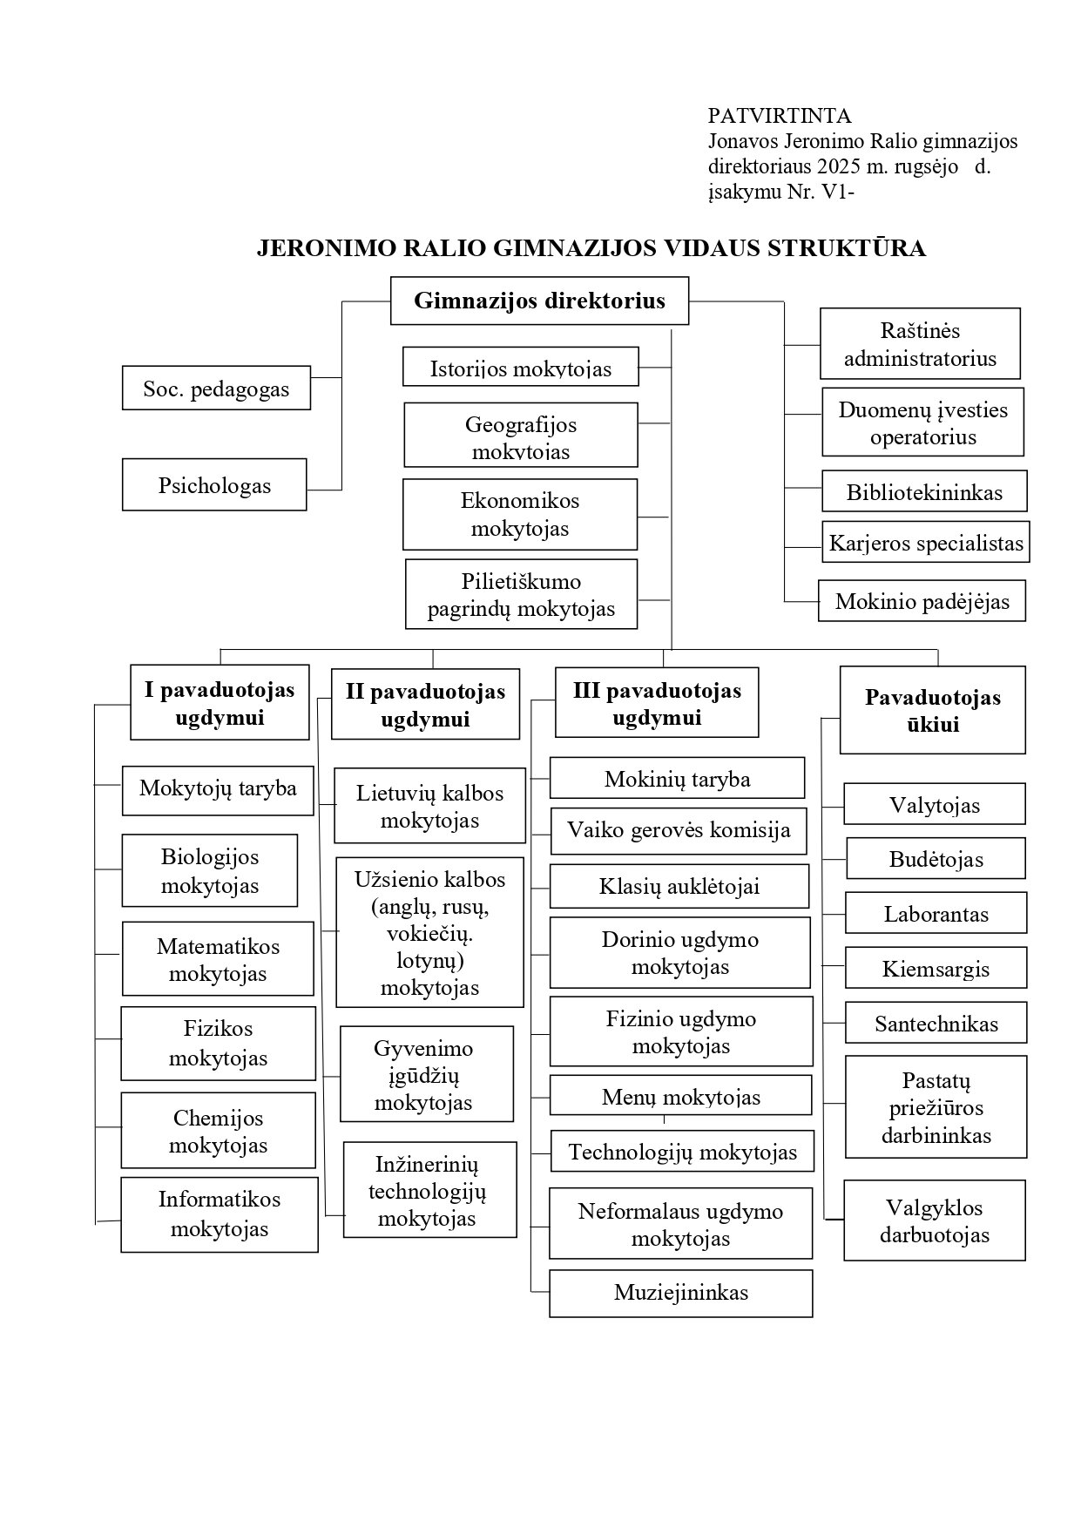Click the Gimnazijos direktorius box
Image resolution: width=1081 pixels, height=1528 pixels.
[539, 301]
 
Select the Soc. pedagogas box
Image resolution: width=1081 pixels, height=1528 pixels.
[216, 388]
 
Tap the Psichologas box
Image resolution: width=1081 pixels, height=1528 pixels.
[214, 484]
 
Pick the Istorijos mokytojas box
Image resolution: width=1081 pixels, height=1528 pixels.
[520, 366]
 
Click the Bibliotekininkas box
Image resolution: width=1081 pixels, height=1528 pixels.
[924, 491]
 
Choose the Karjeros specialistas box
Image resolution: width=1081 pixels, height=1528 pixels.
[926, 542]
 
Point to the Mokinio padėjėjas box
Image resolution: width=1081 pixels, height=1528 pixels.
[922, 600]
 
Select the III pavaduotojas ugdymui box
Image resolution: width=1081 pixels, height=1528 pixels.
[657, 702]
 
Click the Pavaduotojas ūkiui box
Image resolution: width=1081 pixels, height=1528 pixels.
[932, 710]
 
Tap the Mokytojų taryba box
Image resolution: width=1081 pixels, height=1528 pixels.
[218, 790]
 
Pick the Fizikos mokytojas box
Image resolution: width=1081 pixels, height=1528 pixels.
[218, 1044]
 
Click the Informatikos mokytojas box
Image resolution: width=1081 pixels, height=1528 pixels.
[220, 1214]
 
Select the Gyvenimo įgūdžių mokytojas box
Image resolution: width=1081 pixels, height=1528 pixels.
[427, 1073]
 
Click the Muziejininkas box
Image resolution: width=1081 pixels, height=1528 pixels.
[681, 1293]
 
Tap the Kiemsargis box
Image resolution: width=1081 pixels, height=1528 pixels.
[936, 968]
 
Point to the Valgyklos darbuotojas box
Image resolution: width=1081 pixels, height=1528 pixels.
[935, 1220]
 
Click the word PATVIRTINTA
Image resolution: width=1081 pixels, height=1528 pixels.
[780, 115]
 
